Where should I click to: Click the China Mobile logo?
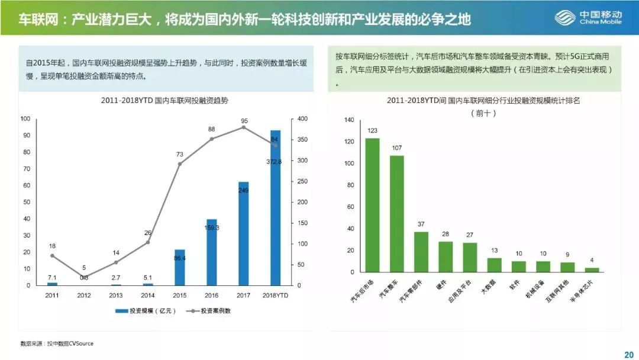588,18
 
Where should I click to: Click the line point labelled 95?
244,127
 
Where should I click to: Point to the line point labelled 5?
84,277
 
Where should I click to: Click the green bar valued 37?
421,252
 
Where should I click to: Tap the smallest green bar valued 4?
592,269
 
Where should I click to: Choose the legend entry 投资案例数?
209,311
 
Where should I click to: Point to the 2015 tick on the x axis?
180,294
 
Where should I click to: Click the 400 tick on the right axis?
302,119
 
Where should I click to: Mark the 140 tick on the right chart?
348,120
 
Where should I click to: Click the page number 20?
628,354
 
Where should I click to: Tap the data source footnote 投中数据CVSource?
57,343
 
